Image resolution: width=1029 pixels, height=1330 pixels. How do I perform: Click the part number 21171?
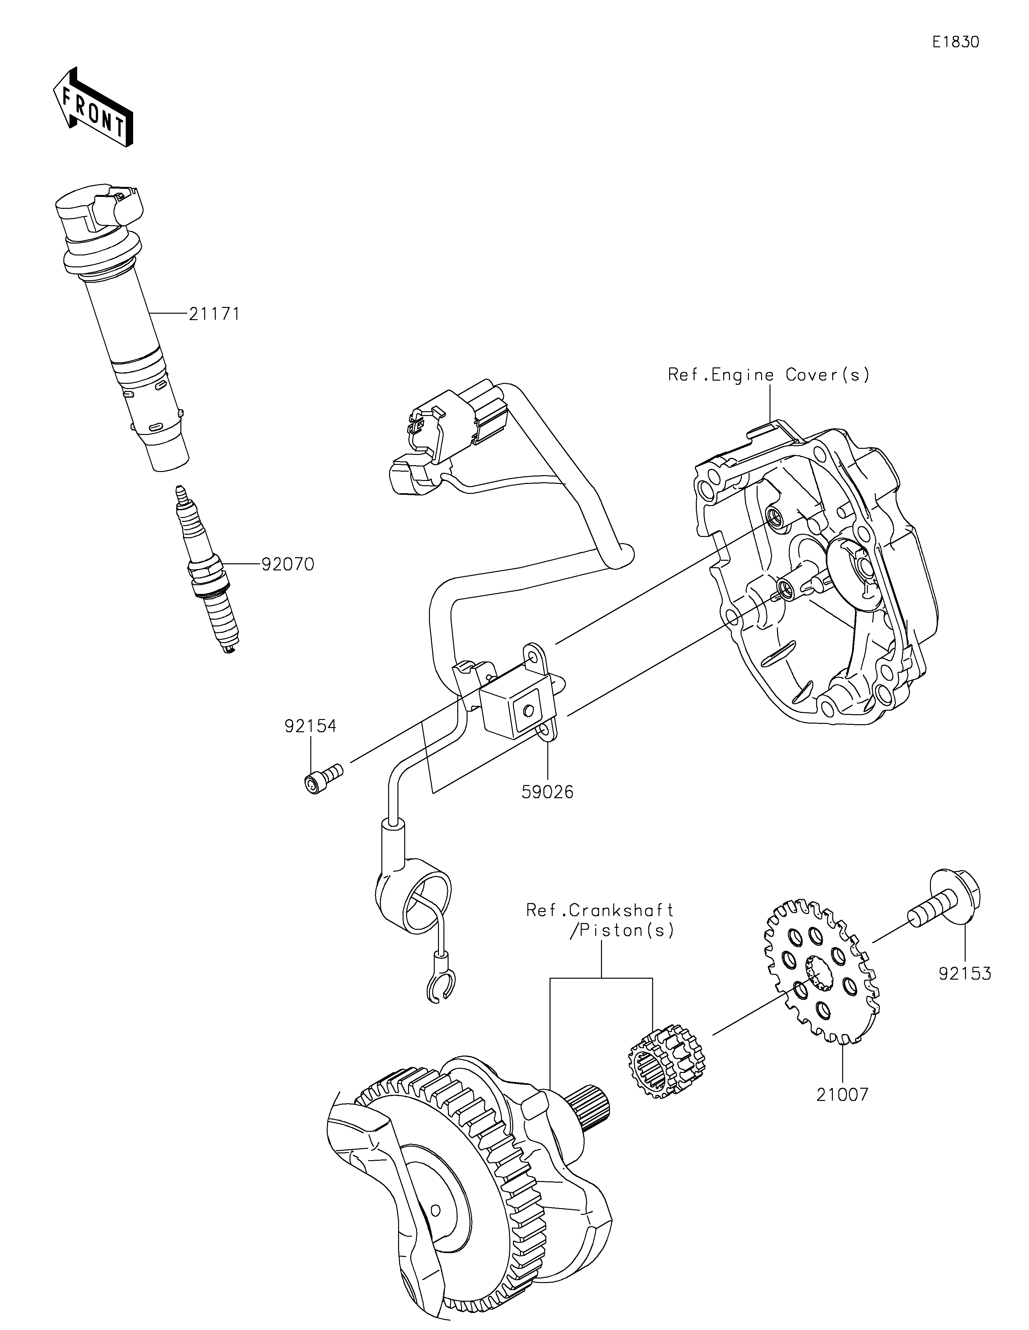[x=214, y=314]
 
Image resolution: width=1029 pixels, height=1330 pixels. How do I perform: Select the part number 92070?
[x=288, y=565]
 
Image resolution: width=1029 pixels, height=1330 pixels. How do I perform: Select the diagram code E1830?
[x=956, y=42]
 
